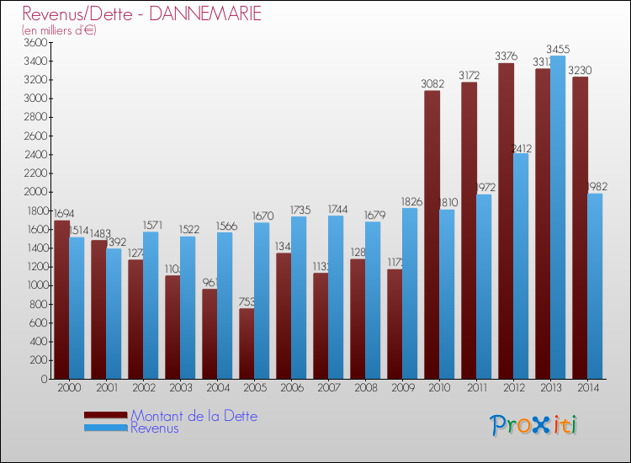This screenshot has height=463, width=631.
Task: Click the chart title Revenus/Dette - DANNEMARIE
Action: point(141,14)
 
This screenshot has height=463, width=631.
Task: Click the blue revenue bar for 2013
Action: point(557,217)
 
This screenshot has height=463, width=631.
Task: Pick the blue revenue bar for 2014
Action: point(594,286)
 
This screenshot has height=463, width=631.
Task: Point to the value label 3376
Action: point(506,56)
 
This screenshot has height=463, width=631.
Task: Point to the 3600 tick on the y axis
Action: point(35,42)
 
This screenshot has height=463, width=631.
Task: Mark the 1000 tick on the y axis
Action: point(35,285)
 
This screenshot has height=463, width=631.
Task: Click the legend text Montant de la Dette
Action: point(194,416)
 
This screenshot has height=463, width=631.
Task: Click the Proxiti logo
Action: point(533,425)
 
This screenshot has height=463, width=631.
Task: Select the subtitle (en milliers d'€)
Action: point(60,30)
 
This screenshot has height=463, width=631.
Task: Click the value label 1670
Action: point(263,216)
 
